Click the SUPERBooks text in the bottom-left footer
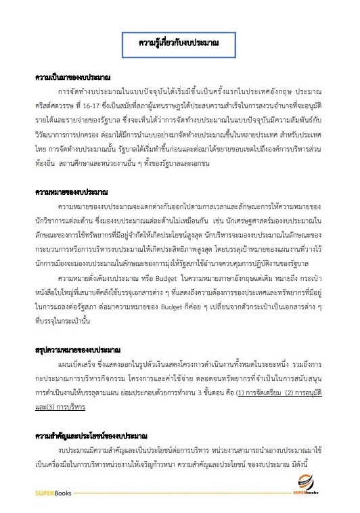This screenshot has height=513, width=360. tap(53, 494)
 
